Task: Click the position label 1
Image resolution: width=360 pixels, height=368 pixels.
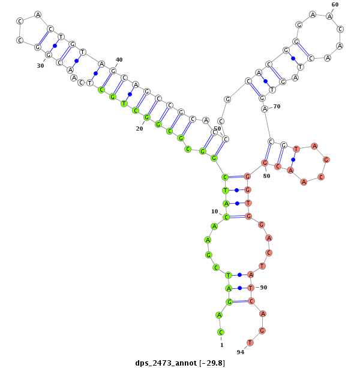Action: (x=221, y=345)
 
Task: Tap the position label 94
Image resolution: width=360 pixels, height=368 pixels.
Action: (x=240, y=352)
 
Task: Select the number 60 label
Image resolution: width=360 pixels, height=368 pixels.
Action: (x=335, y=4)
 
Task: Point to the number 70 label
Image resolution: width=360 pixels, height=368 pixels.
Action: (x=277, y=107)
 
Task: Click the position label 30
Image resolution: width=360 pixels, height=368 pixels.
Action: (x=40, y=66)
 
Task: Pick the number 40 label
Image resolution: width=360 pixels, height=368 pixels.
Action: (x=119, y=59)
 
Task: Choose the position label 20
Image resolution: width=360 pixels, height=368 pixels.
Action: (x=139, y=129)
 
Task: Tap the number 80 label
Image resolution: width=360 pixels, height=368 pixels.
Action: (x=266, y=176)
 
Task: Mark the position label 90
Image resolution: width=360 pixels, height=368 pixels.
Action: (x=263, y=288)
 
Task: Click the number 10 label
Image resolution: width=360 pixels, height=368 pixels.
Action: (x=215, y=212)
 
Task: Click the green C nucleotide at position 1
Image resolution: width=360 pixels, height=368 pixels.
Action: (x=220, y=332)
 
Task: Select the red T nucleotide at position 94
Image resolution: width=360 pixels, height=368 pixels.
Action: (x=250, y=343)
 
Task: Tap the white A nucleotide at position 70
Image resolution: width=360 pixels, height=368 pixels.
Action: (x=265, y=109)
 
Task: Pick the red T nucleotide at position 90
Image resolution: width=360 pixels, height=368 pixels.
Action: (x=251, y=288)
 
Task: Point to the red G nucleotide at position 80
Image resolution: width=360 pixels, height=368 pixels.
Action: (x=265, y=163)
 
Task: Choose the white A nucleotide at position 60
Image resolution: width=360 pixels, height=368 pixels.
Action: (x=329, y=16)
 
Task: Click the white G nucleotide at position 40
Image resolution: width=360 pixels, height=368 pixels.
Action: (x=113, y=71)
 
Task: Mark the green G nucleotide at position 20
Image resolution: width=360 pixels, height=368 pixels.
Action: (x=147, y=117)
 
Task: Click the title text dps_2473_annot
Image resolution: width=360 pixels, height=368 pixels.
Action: (x=166, y=363)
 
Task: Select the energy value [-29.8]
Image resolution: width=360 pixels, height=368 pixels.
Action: (x=212, y=363)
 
